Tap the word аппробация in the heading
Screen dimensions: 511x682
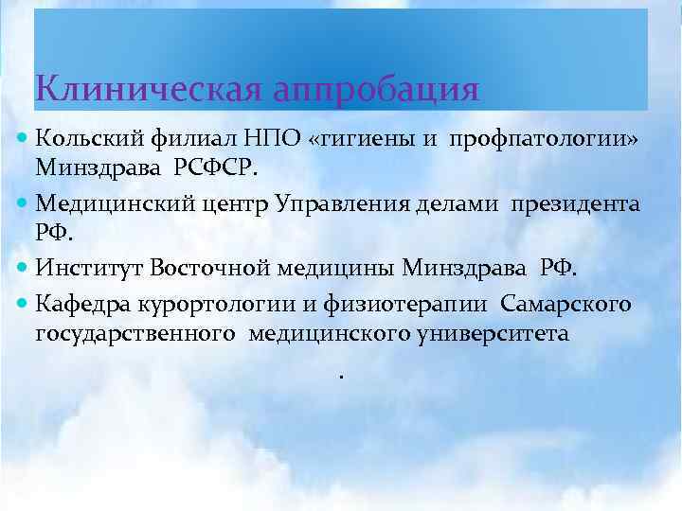[x=375, y=91]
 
